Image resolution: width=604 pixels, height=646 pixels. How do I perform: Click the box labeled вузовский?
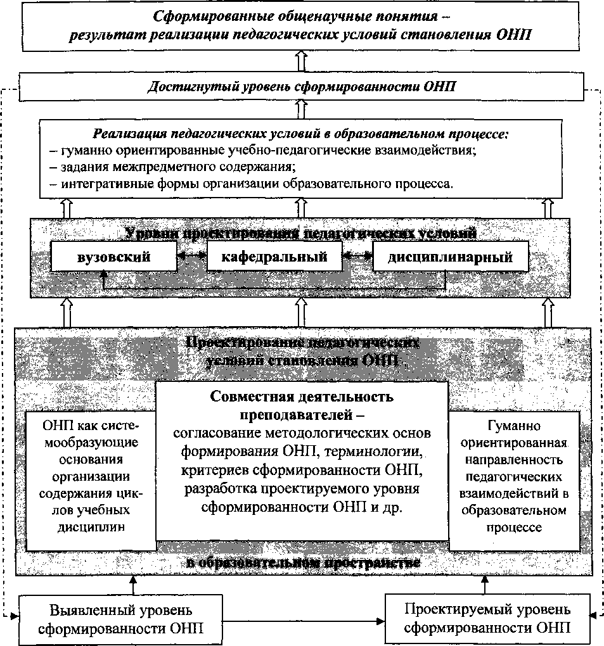(113, 258)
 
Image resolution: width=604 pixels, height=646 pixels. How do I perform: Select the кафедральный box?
(274, 257)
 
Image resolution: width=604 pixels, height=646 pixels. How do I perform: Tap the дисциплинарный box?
(450, 258)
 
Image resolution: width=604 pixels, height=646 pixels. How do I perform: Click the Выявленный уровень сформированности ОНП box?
(120, 619)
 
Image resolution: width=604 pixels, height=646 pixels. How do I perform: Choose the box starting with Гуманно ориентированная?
(514, 477)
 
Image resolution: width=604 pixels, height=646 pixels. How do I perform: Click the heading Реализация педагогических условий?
(301, 134)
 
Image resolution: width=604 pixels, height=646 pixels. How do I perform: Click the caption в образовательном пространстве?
(304, 563)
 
